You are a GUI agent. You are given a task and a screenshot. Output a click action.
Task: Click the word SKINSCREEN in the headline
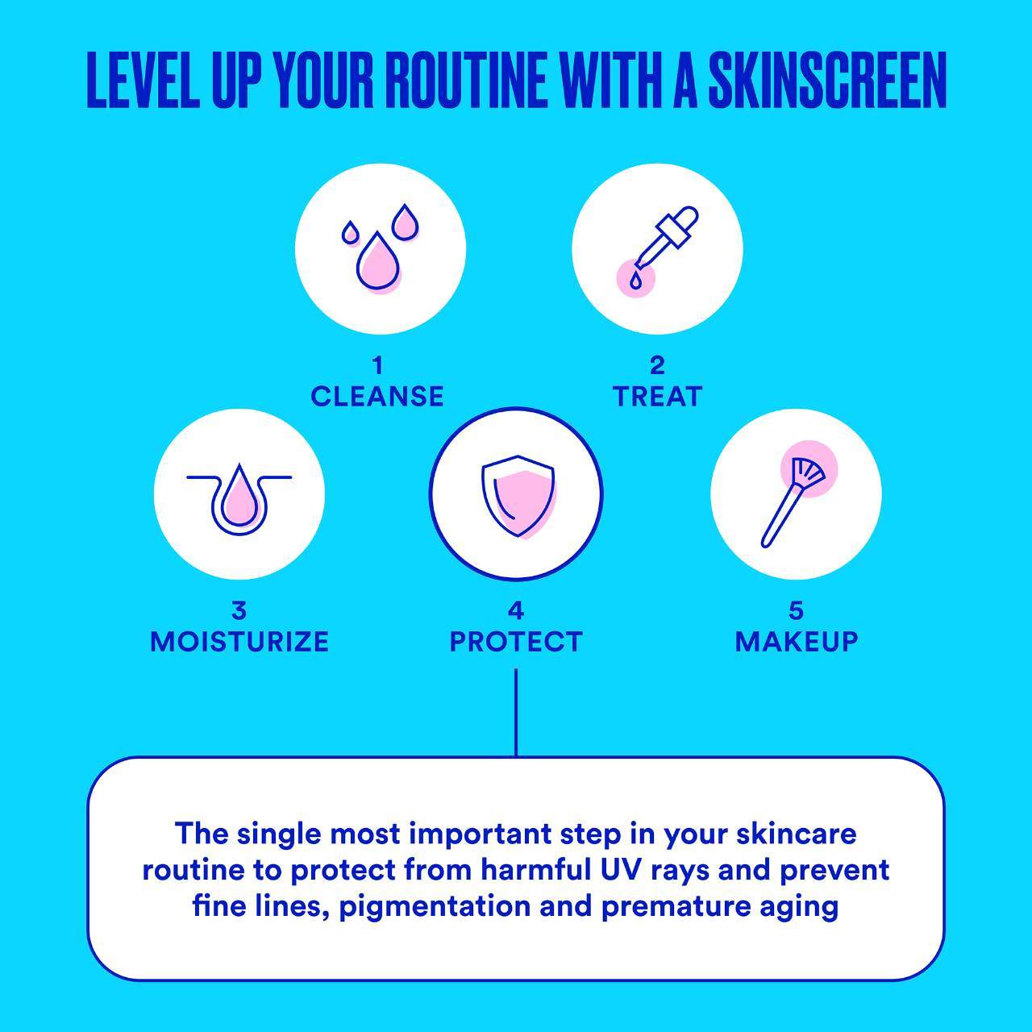(827, 81)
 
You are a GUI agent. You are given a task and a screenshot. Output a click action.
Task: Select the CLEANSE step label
(377, 397)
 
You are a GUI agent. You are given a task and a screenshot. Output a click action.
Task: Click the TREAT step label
(658, 397)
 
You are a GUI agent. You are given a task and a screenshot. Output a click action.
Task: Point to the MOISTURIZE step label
(239, 642)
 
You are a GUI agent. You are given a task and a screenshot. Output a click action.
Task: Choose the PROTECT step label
(516, 642)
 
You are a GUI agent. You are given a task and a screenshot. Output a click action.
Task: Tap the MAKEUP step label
(797, 642)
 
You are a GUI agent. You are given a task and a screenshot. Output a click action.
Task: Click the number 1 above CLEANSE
(378, 366)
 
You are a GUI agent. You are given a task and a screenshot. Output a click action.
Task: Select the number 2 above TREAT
(658, 366)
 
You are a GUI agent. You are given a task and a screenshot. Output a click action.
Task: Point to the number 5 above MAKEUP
(797, 610)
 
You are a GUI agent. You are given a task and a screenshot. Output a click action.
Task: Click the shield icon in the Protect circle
(518, 497)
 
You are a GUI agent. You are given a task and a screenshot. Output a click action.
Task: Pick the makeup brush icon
(793, 501)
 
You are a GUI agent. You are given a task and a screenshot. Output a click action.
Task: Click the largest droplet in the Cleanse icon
(378, 262)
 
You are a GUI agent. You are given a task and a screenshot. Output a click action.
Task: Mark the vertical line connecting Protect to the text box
(516, 712)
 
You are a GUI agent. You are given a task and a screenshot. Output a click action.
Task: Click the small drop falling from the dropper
(635, 280)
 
